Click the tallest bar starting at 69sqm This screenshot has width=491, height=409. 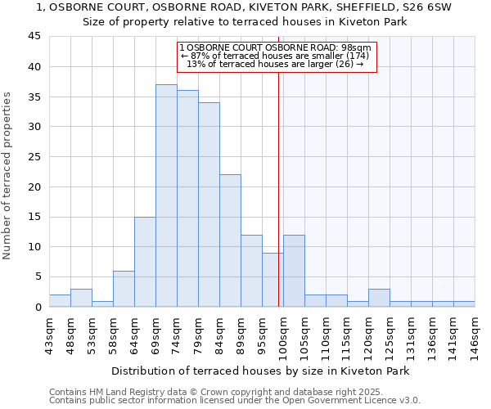tap(166, 196)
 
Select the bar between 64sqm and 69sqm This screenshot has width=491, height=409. tap(145, 262)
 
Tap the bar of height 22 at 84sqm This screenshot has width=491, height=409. tap(230, 240)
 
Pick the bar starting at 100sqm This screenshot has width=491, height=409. tap(294, 271)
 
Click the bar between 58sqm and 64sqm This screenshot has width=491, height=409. tap(124, 289)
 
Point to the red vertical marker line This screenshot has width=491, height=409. tap(278, 188)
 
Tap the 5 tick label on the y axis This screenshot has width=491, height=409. tap(37, 277)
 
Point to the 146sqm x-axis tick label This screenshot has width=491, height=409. tap(475, 335)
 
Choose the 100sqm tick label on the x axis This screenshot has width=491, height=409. tap(283, 335)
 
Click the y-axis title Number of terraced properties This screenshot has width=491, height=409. tap(8, 176)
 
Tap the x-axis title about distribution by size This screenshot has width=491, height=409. tap(259, 371)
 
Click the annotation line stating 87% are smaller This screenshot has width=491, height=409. tap(275, 56)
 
